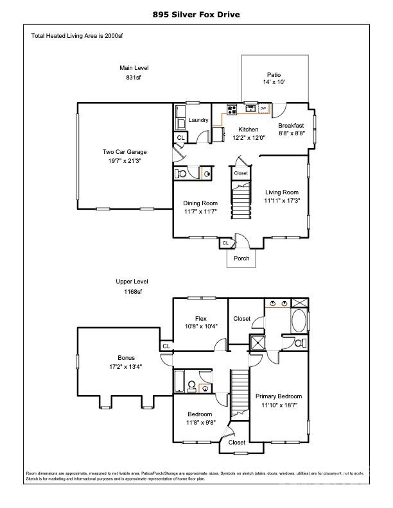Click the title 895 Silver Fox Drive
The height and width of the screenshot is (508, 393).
tap(196, 15)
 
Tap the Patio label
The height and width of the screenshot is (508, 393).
tap(274, 75)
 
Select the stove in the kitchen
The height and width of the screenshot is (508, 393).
tap(232, 110)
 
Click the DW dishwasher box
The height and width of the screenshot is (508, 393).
tap(263, 108)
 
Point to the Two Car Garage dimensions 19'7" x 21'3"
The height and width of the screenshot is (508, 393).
tap(125, 160)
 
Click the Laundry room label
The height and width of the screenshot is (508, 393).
tap(198, 120)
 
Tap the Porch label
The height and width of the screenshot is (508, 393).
tap(241, 258)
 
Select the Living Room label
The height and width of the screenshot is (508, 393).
tap(282, 192)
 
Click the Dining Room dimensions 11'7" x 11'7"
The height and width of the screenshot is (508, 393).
tap(200, 212)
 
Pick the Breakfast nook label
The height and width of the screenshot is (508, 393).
tap(291, 125)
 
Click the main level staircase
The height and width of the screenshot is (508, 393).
tap(241, 200)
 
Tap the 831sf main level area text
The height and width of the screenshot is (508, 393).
tap(134, 78)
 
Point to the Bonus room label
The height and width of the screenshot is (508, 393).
tap(126, 358)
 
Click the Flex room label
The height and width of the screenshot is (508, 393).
tap(201, 319)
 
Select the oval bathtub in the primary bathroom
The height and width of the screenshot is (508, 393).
tap(299, 321)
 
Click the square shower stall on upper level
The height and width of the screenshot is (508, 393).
tap(258, 343)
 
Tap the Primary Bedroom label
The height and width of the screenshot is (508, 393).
tap(279, 396)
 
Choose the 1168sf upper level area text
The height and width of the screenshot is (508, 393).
tap(133, 292)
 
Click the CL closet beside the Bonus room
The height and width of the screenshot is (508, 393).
tap(166, 346)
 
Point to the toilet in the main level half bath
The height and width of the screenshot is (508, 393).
tap(181, 174)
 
